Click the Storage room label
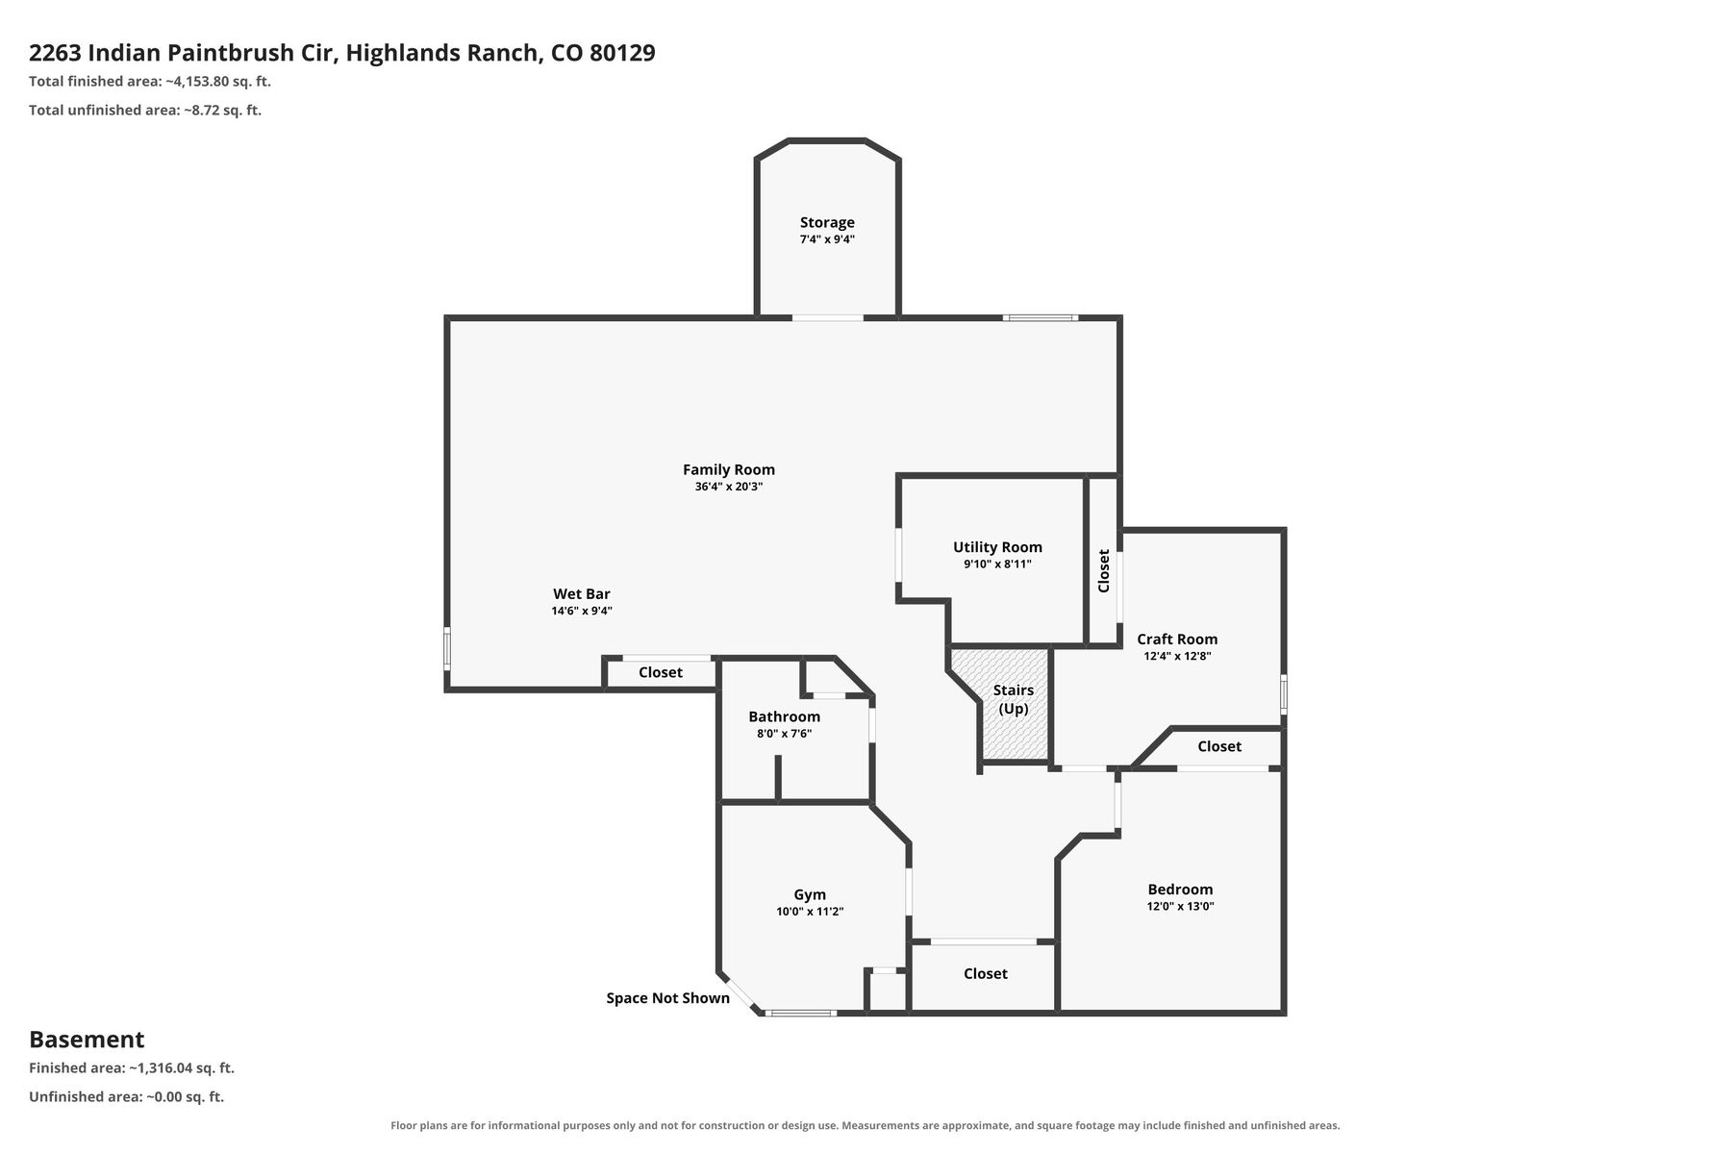click(x=827, y=222)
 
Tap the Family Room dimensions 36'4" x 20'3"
click(x=729, y=487)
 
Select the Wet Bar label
click(x=582, y=594)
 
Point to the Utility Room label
click(x=997, y=547)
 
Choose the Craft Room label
click(x=1177, y=639)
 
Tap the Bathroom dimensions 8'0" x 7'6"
click(x=785, y=734)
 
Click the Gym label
click(x=810, y=894)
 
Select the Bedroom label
click(x=1180, y=890)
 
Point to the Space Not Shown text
click(x=667, y=998)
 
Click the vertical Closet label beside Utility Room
click(x=1104, y=570)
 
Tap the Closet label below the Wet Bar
click(x=661, y=672)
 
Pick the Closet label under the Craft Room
click(x=1219, y=746)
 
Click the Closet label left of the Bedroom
click(x=986, y=974)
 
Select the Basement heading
click(x=87, y=1040)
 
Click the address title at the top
click(x=342, y=53)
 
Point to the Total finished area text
click(x=150, y=82)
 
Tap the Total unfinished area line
click(x=145, y=111)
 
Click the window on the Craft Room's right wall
click(x=1284, y=693)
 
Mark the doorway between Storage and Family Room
click(x=828, y=317)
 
